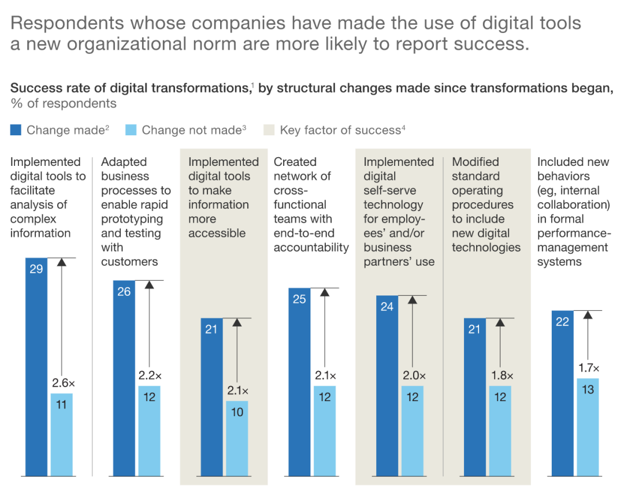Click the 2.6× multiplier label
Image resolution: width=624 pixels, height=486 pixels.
63,383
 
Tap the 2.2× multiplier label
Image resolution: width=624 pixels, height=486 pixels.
150,376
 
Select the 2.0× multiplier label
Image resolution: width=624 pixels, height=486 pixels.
413,376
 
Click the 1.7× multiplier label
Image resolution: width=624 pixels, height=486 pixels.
588,368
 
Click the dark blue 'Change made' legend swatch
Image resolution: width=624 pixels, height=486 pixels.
16,130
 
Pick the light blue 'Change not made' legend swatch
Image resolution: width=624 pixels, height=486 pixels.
131,130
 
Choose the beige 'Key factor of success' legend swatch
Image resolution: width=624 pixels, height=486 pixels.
269,130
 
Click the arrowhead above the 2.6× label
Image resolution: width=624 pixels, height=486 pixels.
62,262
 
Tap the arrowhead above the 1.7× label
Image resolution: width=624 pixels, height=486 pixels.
588,314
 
